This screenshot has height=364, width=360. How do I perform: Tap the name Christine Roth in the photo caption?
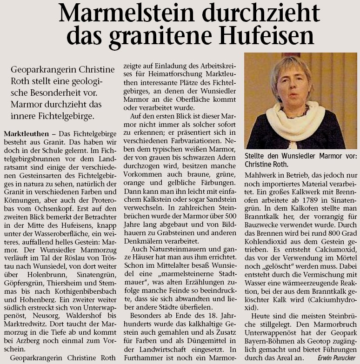(x=266, y=164)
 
